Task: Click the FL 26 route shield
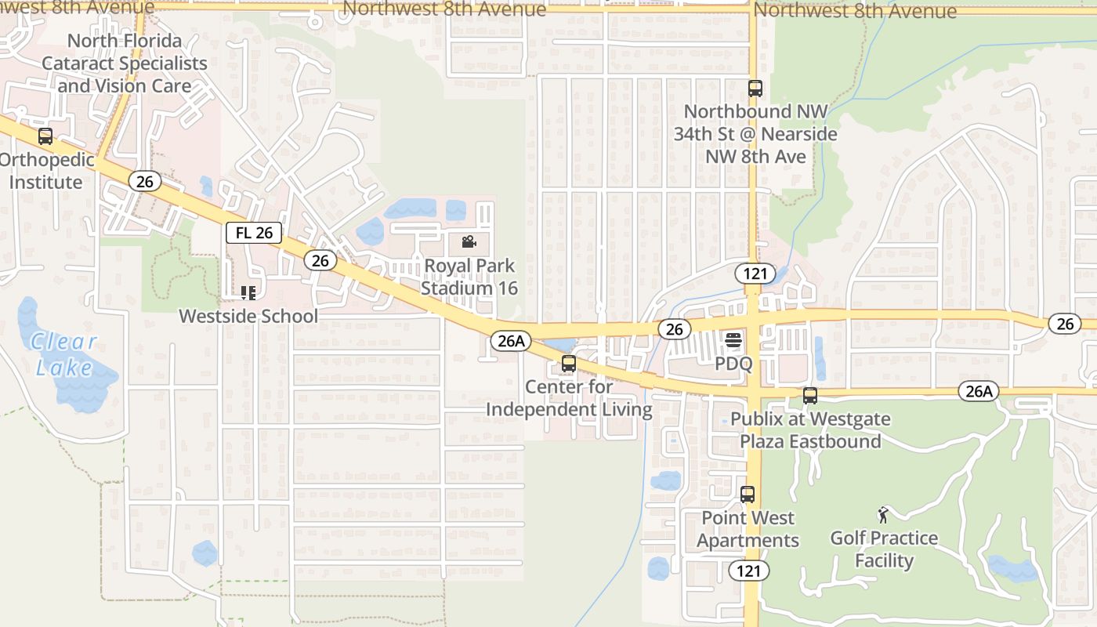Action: pos(254,233)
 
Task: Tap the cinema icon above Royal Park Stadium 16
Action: pos(469,241)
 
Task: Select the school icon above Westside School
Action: pos(248,293)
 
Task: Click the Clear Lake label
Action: pos(64,353)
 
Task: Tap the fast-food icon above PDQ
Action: pos(733,340)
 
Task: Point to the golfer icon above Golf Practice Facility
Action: pos(884,515)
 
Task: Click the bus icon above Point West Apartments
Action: pos(748,495)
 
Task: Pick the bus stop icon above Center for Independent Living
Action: pos(569,364)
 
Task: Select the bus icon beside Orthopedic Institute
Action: pos(45,136)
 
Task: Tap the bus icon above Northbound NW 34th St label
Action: pos(755,89)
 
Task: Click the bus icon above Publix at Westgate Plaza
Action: pos(810,396)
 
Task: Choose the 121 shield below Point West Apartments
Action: pos(748,571)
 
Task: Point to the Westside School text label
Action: pos(248,316)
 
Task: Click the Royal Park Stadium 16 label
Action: pos(469,277)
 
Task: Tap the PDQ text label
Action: pos(733,364)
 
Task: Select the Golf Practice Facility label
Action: pos(884,549)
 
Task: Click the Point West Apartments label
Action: pos(748,529)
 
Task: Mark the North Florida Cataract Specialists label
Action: pos(125,63)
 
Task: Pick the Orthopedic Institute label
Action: pos(47,171)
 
